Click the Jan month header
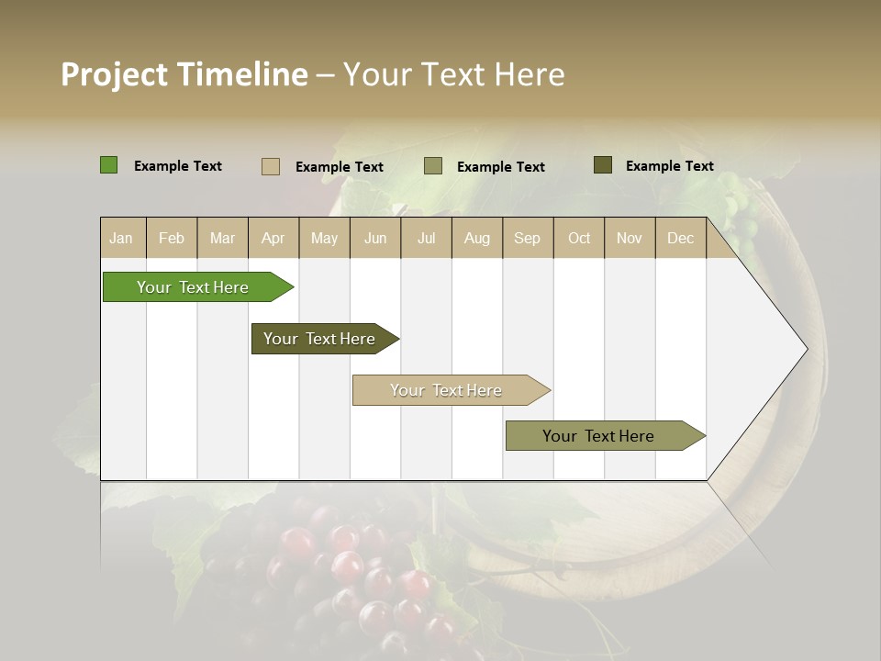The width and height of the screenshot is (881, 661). (x=121, y=238)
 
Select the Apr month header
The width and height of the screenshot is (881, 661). (x=273, y=238)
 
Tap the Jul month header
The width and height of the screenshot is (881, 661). (x=426, y=238)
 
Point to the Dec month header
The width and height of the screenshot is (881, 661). (x=680, y=238)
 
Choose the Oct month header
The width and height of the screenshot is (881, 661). (x=579, y=238)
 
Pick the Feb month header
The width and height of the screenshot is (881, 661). (x=172, y=238)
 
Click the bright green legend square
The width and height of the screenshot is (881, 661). (x=108, y=165)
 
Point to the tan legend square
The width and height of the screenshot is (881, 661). (x=271, y=166)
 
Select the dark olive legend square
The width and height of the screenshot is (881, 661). (x=603, y=165)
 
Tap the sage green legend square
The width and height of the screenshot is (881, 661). (x=433, y=166)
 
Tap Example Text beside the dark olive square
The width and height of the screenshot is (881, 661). (x=669, y=166)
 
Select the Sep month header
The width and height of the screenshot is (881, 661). (x=527, y=238)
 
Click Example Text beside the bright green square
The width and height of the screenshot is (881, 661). (x=178, y=166)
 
